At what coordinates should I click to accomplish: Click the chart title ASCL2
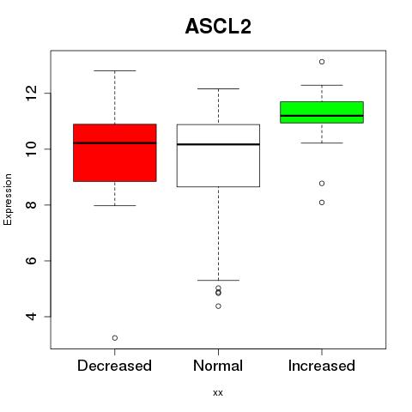tap(218, 27)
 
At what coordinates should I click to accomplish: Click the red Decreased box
tap(115, 153)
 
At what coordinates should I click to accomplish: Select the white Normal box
tap(218, 155)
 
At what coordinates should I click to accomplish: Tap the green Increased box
tap(322, 112)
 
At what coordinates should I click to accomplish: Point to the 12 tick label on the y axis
tap(32, 94)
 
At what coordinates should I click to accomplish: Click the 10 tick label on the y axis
tap(32, 149)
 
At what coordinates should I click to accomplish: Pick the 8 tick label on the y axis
tap(32, 205)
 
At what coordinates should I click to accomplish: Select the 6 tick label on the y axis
tap(32, 261)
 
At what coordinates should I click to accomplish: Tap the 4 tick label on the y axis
tap(32, 317)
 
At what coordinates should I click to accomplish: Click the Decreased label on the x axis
tap(114, 366)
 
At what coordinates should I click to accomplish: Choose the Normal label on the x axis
tap(218, 366)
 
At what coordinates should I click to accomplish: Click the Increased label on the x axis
tap(322, 366)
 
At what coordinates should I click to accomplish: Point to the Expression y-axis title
tap(8, 199)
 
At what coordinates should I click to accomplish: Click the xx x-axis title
tap(218, 393)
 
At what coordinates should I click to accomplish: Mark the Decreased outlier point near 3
tap(115, 338)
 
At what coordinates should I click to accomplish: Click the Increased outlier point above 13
tap(322, 62)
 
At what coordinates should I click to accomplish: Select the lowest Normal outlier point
tap(218, 306)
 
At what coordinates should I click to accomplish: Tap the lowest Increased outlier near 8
tap(322, 203)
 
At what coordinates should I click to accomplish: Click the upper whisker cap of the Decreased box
tap(115, 70)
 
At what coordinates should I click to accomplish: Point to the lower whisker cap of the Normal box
tap(218, 280)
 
